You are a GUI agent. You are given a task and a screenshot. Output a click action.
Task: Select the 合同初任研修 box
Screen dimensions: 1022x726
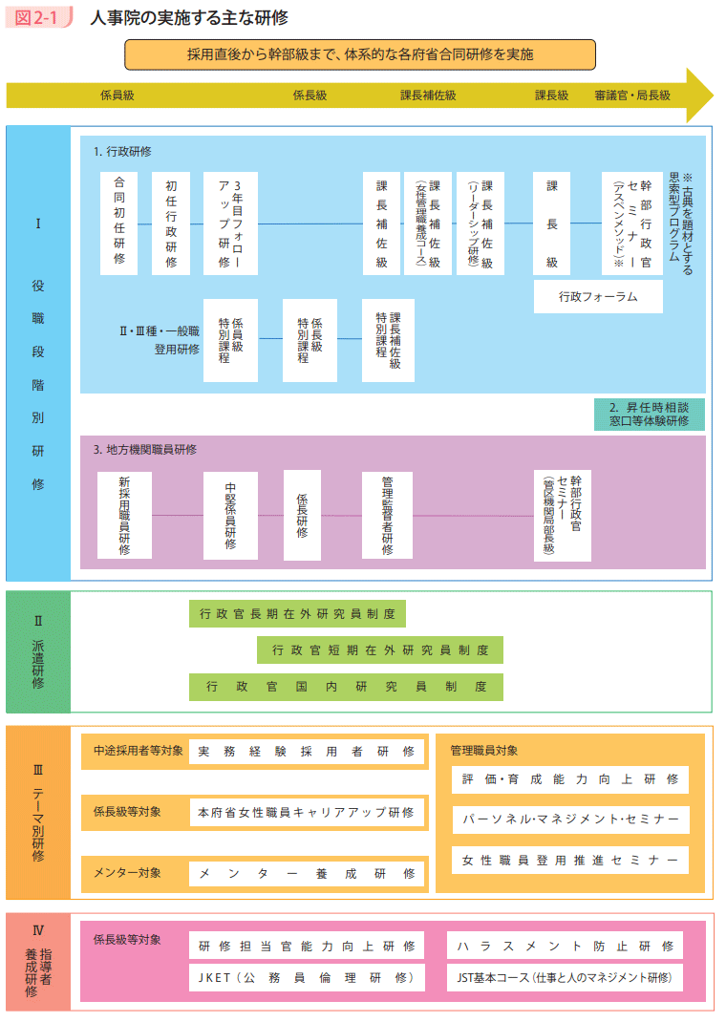tap(118, 224)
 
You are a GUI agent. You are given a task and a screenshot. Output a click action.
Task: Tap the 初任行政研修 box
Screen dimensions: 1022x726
tap(171, 224)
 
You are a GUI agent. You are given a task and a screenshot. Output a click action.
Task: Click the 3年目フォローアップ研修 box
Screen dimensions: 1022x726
tap(230, 224)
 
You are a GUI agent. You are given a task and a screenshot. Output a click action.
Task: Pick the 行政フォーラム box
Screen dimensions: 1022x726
tap(598, 297)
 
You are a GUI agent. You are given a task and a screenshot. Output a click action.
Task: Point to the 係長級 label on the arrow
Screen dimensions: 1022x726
tap(310, 96)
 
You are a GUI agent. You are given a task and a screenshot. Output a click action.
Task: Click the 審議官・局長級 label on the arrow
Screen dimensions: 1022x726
tap(632, 96)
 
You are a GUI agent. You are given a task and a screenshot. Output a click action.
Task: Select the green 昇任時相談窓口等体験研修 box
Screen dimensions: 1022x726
tap(649, 414)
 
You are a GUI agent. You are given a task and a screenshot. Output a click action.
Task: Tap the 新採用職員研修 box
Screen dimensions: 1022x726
tap(124, 515)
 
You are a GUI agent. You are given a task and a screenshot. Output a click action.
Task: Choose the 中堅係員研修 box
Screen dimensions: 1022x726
tap(230, 515)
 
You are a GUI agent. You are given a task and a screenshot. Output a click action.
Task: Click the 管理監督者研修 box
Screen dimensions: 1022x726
tap(387, 515)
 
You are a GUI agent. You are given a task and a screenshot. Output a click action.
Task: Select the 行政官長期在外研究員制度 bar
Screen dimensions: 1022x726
tap(297, 614)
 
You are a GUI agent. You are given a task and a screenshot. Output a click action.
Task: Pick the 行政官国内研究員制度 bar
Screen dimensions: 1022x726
tap(346, 687)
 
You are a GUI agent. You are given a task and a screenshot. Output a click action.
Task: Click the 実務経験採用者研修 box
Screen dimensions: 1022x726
tap(307, 752)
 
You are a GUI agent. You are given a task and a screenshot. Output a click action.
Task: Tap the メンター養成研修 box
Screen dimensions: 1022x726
tap(307, 873)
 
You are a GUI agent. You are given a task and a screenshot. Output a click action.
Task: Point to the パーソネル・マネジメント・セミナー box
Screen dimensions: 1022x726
tap(570, 820)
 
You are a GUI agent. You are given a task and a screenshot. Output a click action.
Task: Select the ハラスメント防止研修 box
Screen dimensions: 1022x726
tap(565, 946)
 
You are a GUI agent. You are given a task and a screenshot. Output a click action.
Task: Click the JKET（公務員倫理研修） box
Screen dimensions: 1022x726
tap(307, 977)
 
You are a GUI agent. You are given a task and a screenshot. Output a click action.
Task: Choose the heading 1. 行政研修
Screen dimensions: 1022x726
tap(122, 152)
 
